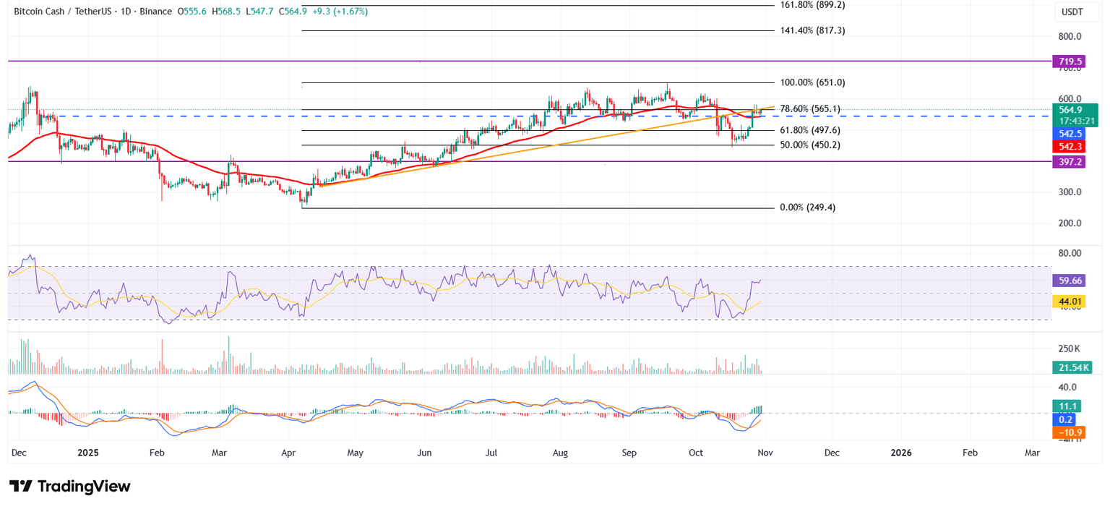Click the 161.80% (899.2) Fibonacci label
coord(813,5)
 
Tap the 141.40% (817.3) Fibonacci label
coord(813,31)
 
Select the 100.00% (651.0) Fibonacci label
coord(813,83)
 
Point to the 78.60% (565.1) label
coord(809,109)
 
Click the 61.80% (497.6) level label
coord(809,130)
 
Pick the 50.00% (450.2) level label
coord(809,145)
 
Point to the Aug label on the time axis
coord(560,453)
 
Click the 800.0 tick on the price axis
coord(1070,37)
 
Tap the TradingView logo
coord(70,487)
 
